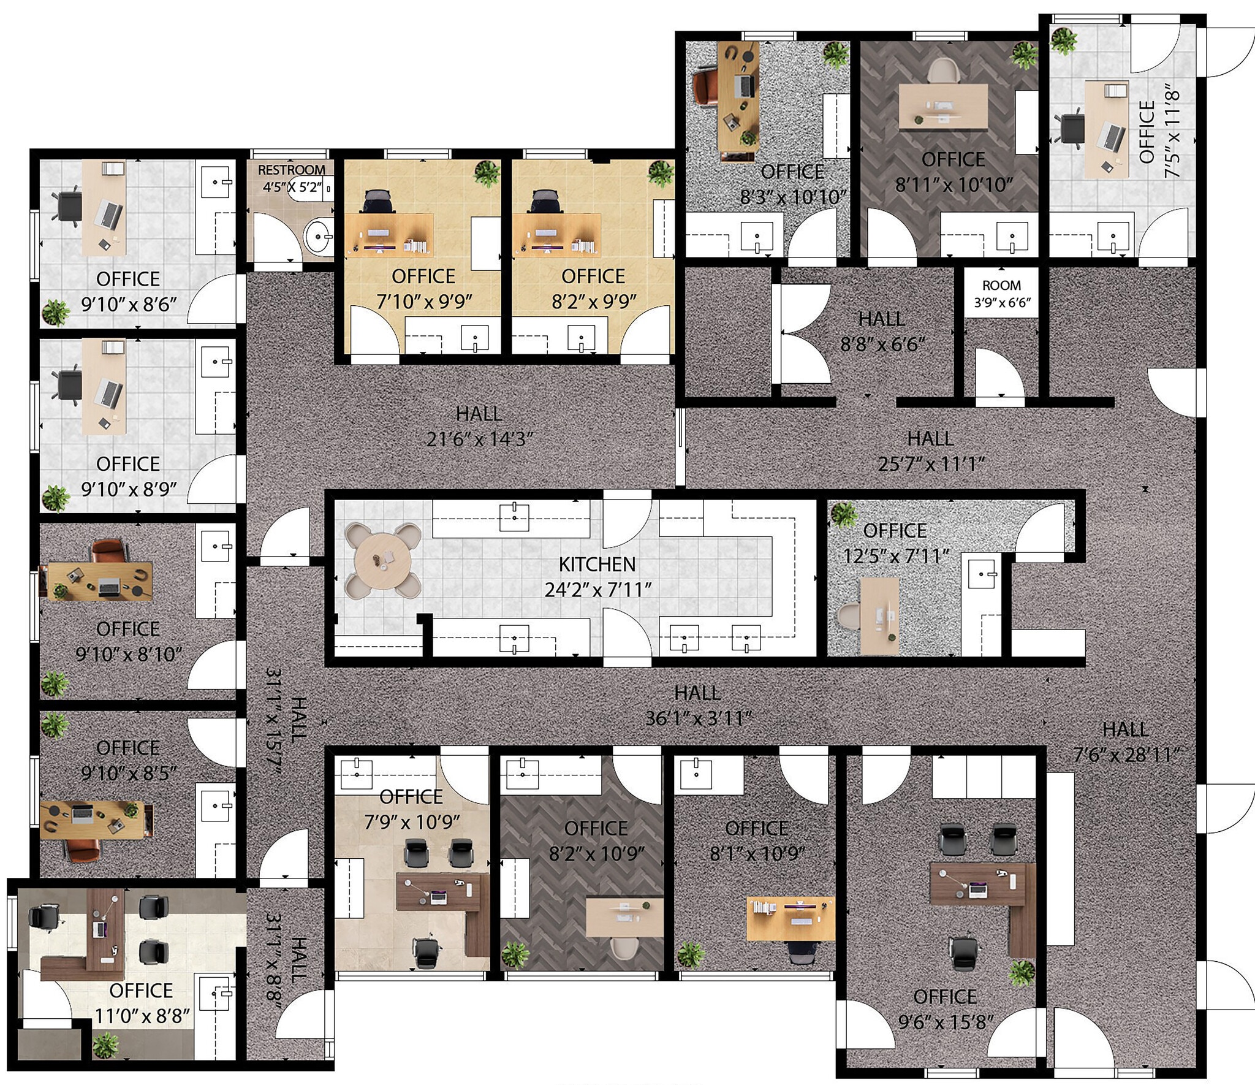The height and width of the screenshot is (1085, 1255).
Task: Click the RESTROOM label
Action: pos(292,170)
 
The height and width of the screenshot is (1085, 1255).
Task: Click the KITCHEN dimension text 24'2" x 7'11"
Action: pos(598,590)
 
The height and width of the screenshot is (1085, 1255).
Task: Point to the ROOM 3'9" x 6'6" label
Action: pos(1002,294)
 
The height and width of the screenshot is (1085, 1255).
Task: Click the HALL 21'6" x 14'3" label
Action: pos(479,427)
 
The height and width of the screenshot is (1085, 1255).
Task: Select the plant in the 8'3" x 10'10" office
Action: pos(836,54)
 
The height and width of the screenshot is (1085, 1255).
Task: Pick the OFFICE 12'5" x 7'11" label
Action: pos(895,543)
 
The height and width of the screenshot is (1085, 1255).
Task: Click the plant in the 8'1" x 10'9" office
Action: pos(691,954)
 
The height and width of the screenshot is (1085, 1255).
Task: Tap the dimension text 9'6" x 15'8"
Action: pos(946,1022)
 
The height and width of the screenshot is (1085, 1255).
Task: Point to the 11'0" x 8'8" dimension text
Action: pos(142,1016)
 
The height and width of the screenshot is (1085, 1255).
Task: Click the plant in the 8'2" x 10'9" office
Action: pos(515,955)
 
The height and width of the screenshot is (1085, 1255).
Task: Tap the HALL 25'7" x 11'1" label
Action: pos(930,451)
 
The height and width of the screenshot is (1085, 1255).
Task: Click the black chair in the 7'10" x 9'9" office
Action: pos(377,202)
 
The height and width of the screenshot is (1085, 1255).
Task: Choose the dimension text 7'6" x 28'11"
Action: pos(1126,755)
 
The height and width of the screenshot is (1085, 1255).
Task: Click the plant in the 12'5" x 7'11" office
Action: pos(844,514)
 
